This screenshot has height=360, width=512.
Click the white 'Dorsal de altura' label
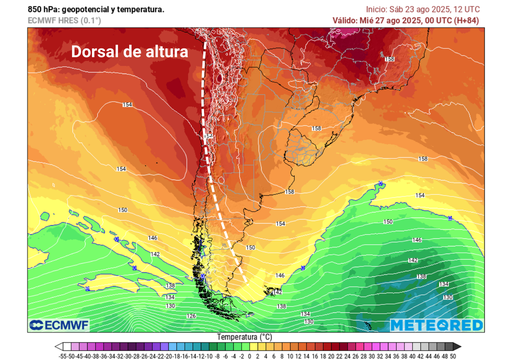pos(129,52)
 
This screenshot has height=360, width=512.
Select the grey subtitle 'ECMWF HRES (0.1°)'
pos(64,20)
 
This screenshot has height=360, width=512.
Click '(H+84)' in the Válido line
pos(467,20)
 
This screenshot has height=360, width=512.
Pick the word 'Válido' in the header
pos(345,20)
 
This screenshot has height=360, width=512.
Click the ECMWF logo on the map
pos(58,325)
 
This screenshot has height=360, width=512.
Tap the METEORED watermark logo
pos(436,325)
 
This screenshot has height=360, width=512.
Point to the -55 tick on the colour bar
pos(63,355)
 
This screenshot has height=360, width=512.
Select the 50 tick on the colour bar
pos(452,355)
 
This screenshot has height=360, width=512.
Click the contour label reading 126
pos(191,316)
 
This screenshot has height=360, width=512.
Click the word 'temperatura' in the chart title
pos(140,9)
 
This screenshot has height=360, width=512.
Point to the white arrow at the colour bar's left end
pos(58,346)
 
